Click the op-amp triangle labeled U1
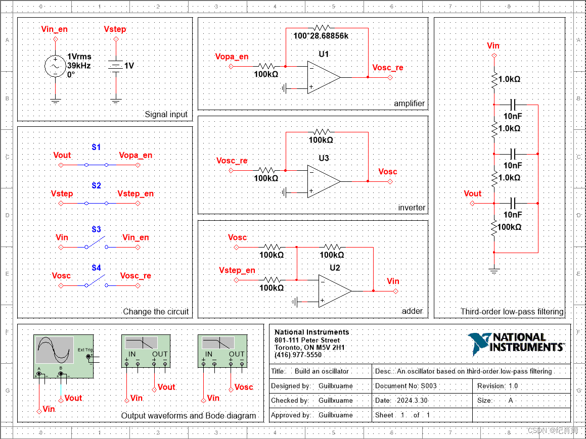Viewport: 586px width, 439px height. [x=322, y=78]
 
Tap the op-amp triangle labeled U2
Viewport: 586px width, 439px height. [x=333, y=291]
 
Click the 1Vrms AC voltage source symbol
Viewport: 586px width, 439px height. [x=55, y=66]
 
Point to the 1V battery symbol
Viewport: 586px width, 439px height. [x=116, y=66]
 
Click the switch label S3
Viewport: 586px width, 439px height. [x=96, y=229]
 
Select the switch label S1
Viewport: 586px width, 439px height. [x=96, y=148]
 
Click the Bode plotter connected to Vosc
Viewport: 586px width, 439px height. [x=222, y=351]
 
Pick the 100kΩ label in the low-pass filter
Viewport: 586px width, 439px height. [x=509, y=227]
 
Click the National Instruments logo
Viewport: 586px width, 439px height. [x=516, y=343]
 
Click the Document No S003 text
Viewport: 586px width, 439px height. [x=405, y=385]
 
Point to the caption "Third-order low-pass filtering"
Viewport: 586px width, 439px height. [x=512, y=312]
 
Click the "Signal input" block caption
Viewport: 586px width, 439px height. [x=166, y=114]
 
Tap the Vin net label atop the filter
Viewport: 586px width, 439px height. [x=493, y=46]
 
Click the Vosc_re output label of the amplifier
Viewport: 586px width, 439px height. [x=387, y=68]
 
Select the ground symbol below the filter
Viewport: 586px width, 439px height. [x=494, y=271]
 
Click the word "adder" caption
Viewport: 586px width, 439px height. [x=412, y=311]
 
